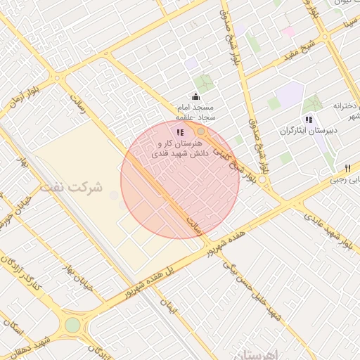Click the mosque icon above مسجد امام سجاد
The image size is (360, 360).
(x=195, y=96)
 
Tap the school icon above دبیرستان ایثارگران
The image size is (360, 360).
(x=308, y=120)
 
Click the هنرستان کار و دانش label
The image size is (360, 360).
(x=180, y=146)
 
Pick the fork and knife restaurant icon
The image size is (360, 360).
(x=347, y=169)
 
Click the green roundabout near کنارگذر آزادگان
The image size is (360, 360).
(x=72, y=325)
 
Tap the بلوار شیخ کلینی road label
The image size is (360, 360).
(x=232, y=144)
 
